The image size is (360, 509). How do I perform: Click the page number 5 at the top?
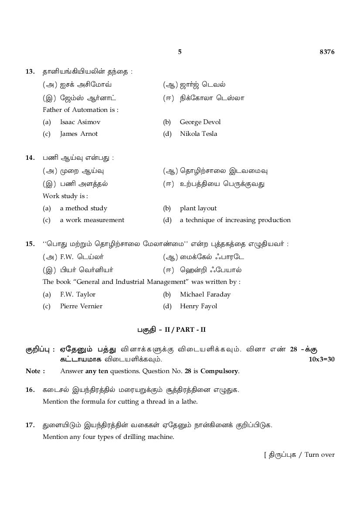180,52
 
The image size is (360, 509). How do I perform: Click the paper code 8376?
327,52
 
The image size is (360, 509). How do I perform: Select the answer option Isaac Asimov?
80,122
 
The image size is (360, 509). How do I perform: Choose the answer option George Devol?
200,122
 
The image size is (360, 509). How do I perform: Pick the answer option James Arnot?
79,134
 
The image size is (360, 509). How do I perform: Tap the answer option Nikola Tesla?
198,134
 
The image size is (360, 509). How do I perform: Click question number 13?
30,71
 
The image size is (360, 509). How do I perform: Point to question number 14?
30,158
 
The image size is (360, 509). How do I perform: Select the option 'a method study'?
84,208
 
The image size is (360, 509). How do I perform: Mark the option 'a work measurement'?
92,220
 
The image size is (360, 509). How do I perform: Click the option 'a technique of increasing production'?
235,220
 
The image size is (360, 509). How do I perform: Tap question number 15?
30,244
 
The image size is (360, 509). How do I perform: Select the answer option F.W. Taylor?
78,294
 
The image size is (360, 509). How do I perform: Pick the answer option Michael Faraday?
205,294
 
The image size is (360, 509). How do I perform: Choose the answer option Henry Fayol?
198,306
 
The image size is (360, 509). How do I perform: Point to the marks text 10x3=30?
321,359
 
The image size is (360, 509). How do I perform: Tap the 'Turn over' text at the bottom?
319,455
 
